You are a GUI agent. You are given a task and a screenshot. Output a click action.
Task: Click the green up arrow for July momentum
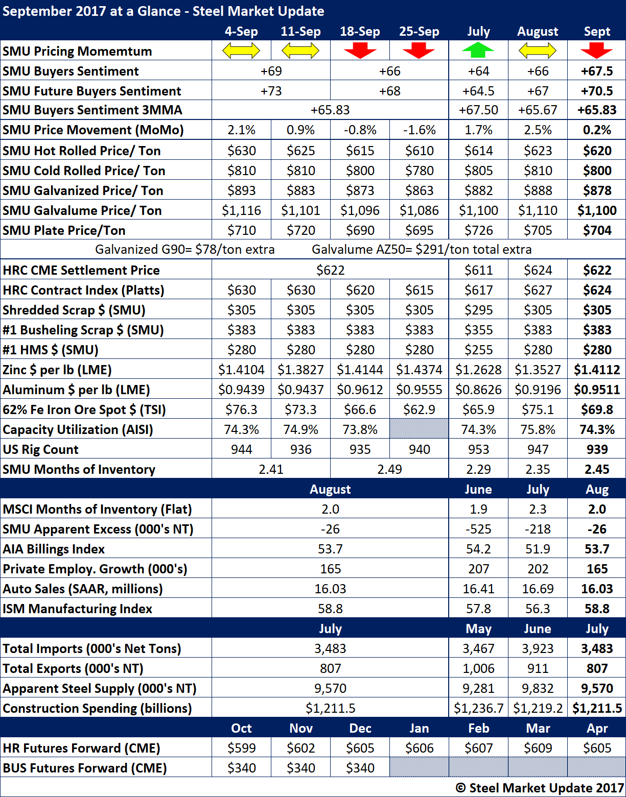478,51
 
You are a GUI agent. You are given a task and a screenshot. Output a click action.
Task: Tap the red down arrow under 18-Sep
360,51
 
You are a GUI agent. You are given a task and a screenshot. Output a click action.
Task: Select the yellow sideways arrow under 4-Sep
241,51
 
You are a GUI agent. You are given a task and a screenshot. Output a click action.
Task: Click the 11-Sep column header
300,32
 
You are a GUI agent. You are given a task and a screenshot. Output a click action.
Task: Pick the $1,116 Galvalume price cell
241,210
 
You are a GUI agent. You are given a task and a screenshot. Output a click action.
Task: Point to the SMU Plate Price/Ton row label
64,230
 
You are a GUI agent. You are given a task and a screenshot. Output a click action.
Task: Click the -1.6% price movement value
419,130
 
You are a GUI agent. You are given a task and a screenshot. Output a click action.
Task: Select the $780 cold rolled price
419,171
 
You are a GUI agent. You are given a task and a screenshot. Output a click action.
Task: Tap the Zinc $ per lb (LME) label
57,370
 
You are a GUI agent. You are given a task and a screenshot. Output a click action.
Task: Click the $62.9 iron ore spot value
419,409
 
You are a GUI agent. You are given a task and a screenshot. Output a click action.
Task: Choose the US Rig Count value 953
478,449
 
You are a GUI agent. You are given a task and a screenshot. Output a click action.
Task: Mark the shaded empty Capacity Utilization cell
419,429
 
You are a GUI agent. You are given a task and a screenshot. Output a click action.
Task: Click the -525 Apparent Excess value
478,529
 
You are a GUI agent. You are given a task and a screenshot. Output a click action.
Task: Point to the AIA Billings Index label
54,549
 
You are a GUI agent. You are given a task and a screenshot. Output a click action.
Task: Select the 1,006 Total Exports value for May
478,668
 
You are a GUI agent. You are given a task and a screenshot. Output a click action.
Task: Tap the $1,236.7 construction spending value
478,708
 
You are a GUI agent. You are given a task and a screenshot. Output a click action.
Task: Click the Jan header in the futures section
419,728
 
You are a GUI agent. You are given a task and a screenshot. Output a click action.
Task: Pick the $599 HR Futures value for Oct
241,748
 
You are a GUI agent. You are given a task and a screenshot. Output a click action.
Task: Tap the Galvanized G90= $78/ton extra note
185,250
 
